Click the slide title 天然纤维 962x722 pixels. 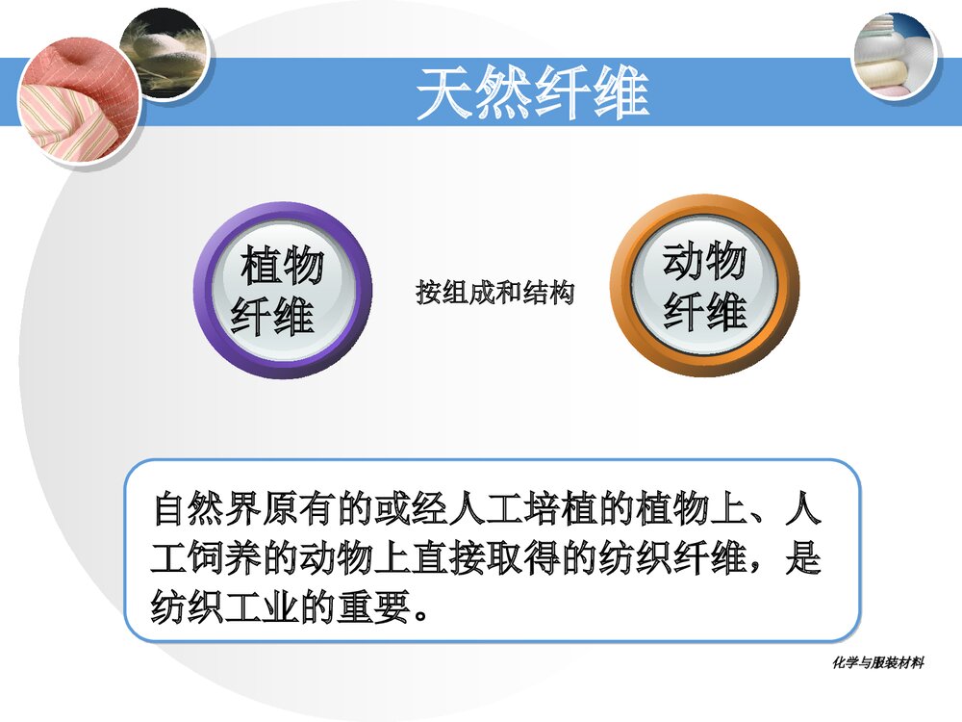pos(532,92)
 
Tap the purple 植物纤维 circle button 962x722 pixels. pos(282,289)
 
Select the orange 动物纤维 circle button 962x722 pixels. pos(704,286)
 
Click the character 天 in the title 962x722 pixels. pos(445,92)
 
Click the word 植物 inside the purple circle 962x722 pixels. pos(282,265)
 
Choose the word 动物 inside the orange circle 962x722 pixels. pos(704,262)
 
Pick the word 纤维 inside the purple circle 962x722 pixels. pos(273,315)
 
